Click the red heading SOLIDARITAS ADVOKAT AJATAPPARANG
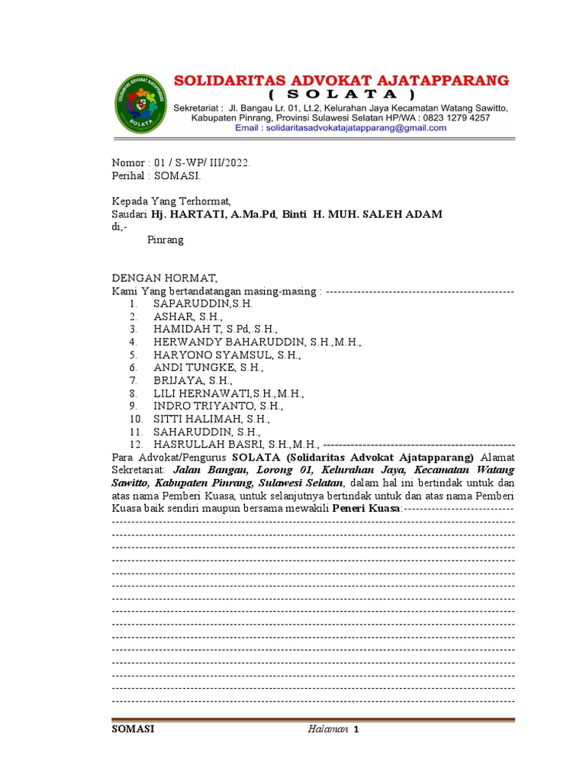pos(342,80)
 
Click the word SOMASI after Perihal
pos(177,175)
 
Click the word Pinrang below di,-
pos(165,239)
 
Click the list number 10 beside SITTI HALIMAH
pos(136,419)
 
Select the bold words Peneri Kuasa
pos(366,508)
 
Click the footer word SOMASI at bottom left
pos(134,729)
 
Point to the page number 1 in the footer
pos(356,729)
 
